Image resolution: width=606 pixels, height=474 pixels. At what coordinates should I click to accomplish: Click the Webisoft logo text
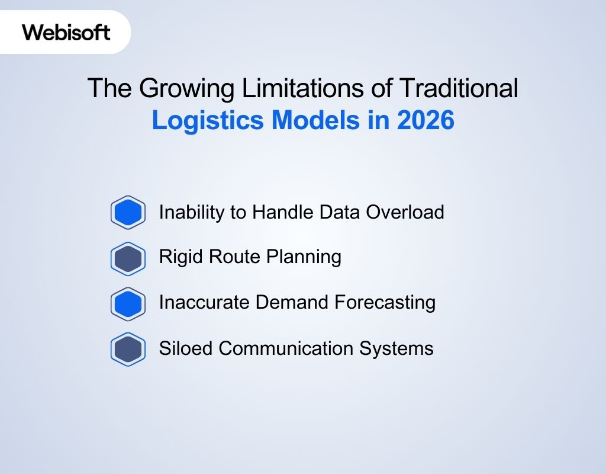66,32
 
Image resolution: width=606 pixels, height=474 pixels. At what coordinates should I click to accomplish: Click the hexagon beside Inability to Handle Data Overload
128,212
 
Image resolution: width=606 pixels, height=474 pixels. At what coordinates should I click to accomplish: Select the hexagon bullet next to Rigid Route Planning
128,258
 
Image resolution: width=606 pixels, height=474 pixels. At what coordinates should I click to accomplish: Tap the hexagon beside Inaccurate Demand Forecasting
128,303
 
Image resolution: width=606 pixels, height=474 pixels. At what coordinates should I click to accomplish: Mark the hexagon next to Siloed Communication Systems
128,349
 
